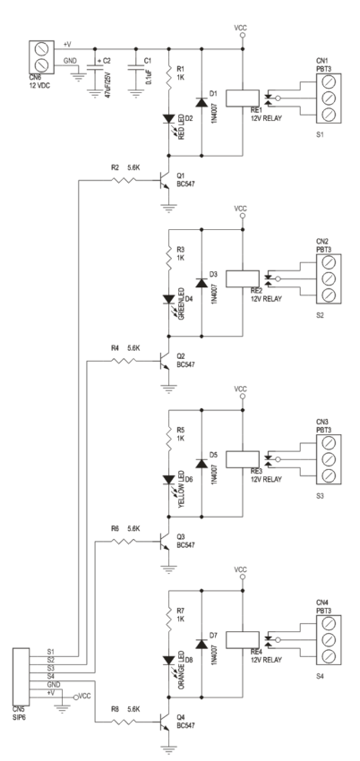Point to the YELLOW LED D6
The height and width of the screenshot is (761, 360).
click(x=167, y=481)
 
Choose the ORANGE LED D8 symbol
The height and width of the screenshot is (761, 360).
click(x=167, y=662)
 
